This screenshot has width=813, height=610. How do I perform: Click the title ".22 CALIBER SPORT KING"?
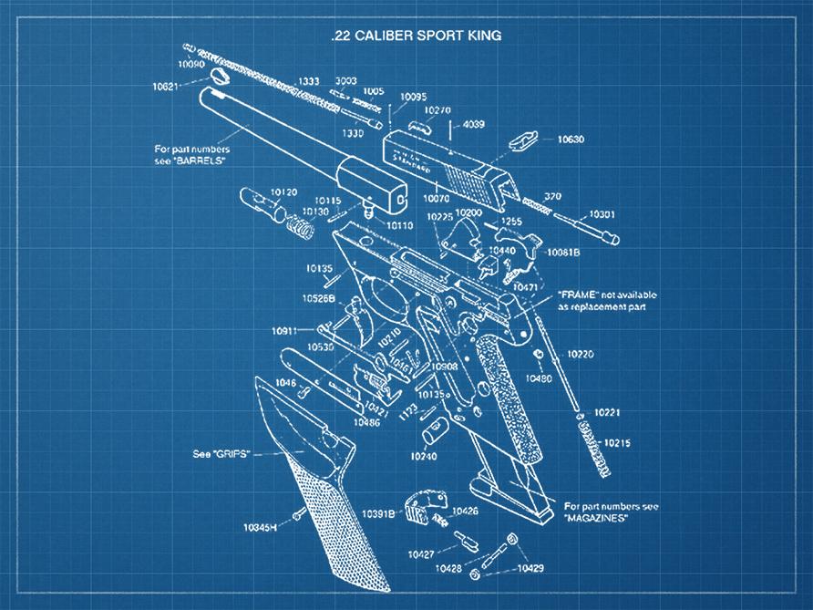click(416, 36)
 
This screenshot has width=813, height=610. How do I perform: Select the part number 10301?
click(602, 213)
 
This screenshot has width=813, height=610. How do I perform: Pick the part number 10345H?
click(260, 527)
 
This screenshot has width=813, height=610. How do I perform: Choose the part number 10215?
click(617, 442)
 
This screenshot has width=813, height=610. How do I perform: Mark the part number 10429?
click(530, 568)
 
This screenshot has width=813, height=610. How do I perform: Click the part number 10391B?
click(377, 514)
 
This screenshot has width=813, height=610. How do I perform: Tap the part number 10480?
click(539, 378)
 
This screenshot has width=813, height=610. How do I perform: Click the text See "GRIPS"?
click(220, 453)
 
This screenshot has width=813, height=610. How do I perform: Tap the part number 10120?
click(284, 192)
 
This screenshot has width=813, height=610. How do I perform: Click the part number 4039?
click(475, 124)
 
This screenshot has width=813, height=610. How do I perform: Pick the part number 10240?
click(424, 455)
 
